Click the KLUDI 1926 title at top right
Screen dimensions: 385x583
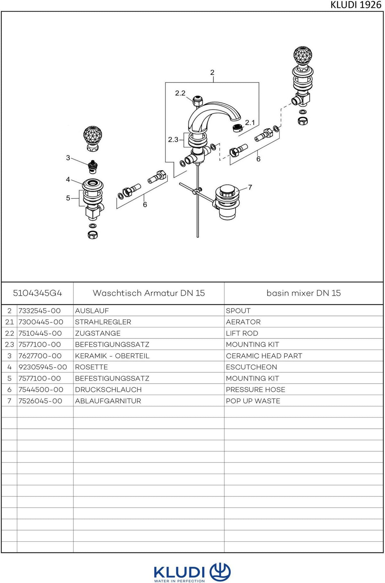356,5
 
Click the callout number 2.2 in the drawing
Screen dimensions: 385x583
180,93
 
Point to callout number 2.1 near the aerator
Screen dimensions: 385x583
250,122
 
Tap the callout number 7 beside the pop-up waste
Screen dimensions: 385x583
250,187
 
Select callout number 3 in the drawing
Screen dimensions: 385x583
68,157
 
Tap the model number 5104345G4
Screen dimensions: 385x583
38,293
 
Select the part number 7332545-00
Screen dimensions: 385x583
39,311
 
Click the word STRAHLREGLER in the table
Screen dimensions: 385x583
103,322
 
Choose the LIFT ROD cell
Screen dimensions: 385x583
242,333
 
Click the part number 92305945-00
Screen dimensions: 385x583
43,367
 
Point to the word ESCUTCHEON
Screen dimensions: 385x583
252,367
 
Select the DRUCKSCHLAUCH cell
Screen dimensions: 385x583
108,390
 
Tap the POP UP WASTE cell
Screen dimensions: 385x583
253,401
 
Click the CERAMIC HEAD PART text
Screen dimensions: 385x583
264,356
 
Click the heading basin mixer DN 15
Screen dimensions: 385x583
304,293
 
